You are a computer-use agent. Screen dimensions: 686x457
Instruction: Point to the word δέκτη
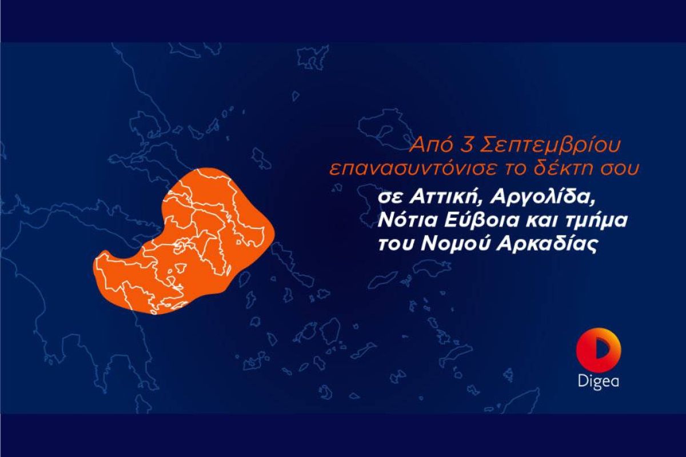pyautogui.click(x=574, y=169)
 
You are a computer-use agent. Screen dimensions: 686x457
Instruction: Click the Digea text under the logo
pyautogui.click(x=598, y=381)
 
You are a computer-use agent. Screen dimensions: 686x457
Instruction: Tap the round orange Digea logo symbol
pyautogui.click(x=599, y=351)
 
